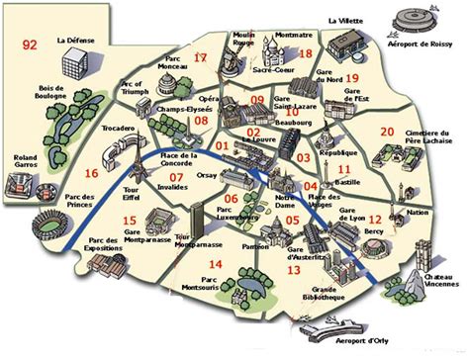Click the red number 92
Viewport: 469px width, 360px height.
(31, 44)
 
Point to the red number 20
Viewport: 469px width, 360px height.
(387, 131)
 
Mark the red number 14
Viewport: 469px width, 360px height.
(216, 264)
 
